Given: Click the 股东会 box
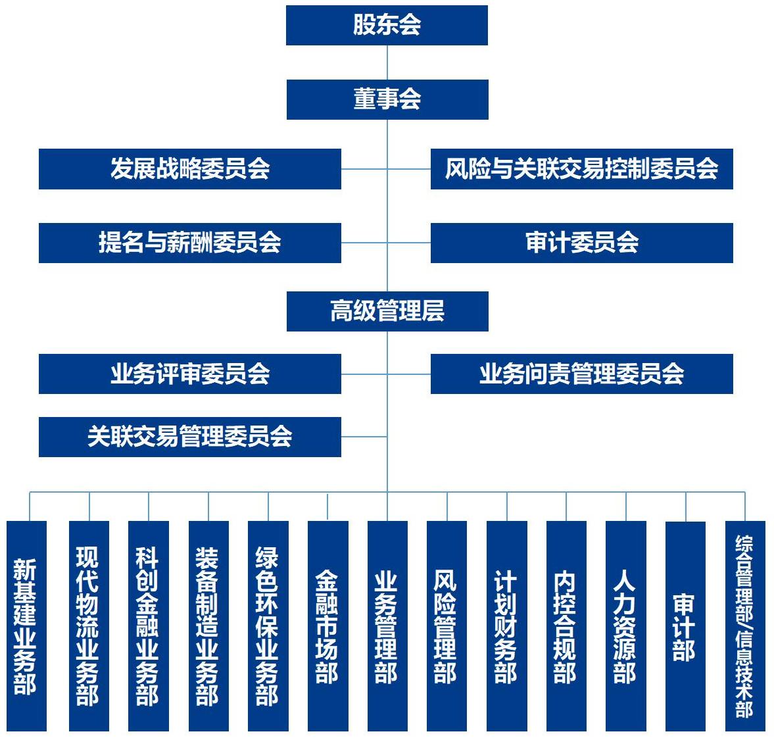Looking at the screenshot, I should [387, 26].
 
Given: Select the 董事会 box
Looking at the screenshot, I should [387, 99].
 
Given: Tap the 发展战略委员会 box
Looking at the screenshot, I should [189, 169].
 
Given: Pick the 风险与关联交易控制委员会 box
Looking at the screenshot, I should [581, 169].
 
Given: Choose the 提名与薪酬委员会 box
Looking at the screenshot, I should [189, 243].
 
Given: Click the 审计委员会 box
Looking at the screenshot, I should [581, 243].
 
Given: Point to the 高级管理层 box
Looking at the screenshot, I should [387, 311].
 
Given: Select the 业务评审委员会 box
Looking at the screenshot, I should [189, 374].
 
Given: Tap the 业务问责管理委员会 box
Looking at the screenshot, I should [581, 374].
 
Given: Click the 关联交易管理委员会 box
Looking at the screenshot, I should [189, 437].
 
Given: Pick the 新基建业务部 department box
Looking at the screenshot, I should [26, 626].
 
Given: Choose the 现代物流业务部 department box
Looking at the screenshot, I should [89, 626].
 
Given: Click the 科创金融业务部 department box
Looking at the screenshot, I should [148, 626].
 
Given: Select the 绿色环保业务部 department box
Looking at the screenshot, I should [268, 626].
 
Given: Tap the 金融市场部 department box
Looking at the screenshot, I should [327, 626].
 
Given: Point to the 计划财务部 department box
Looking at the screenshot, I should [506, 626].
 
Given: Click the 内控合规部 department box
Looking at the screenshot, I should [566, 626].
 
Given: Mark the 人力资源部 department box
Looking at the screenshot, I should [625, 626].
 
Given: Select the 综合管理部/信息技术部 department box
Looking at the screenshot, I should [745, 626].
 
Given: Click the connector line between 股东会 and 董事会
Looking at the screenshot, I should [387, 62].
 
